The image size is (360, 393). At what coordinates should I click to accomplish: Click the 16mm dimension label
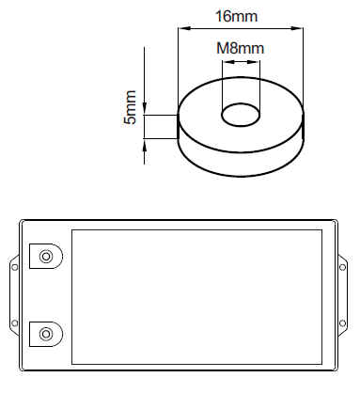[x=237, y=16]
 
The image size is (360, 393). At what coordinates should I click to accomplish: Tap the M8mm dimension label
[x=241, y=48]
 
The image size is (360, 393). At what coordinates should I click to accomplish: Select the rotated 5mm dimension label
[x=130, y=107]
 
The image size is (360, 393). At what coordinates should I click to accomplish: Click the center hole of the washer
[x=241, y=115]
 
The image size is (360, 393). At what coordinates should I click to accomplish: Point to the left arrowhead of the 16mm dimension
[x=184, y=28]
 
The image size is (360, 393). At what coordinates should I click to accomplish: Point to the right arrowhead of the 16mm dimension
[x=297, y=28]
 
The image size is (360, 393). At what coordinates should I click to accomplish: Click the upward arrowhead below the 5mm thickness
[x=145, y=145]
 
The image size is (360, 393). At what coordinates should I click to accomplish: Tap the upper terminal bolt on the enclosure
[x=46, y=257]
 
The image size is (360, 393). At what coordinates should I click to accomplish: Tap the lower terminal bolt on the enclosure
[x=46, y=334]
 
